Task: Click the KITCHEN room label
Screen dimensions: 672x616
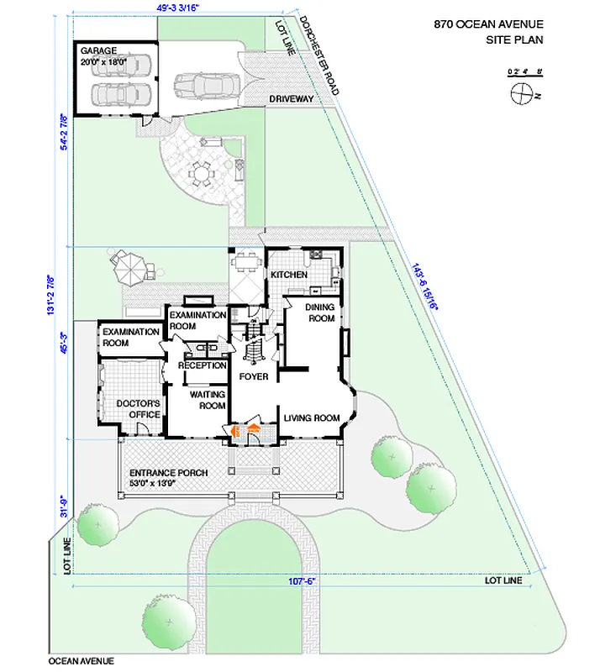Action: [288, 276]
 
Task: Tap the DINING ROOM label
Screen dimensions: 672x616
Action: [321, 312]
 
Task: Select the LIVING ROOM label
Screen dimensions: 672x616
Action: [311, 417]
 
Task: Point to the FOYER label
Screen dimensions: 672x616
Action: [254, 376]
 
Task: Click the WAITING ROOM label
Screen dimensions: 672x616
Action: [207, 400]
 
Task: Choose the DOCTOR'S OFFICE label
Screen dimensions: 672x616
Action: [138, 408]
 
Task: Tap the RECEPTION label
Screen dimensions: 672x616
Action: [202, 365]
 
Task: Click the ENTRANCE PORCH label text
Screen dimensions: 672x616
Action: [168, 473]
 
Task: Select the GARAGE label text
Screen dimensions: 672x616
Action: [98, 51]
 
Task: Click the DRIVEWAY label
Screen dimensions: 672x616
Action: [291, 99]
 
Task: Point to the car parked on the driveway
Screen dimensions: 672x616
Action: [207, 84]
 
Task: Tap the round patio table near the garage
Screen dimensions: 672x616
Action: [202, 174]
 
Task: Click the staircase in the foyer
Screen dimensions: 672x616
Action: [254, 344]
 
